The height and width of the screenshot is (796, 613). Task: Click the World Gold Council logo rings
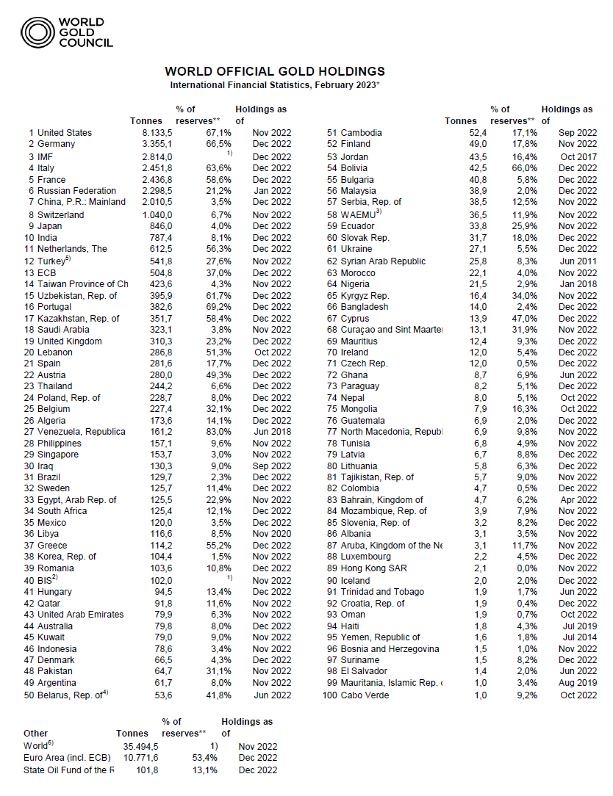click(37, 32)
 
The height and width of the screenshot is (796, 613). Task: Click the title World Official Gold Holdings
click(275, 71)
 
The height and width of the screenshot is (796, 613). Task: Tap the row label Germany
click(56, 145)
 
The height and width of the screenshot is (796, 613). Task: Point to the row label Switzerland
click(61, 215)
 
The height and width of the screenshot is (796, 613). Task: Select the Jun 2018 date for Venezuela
click(273, 432)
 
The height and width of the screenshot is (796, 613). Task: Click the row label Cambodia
click(362, 133)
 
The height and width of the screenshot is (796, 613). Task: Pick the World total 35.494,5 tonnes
click(137, 746)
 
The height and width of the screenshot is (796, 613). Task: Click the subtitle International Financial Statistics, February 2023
click(275, 86)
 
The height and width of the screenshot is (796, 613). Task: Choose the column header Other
click(36, 733)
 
